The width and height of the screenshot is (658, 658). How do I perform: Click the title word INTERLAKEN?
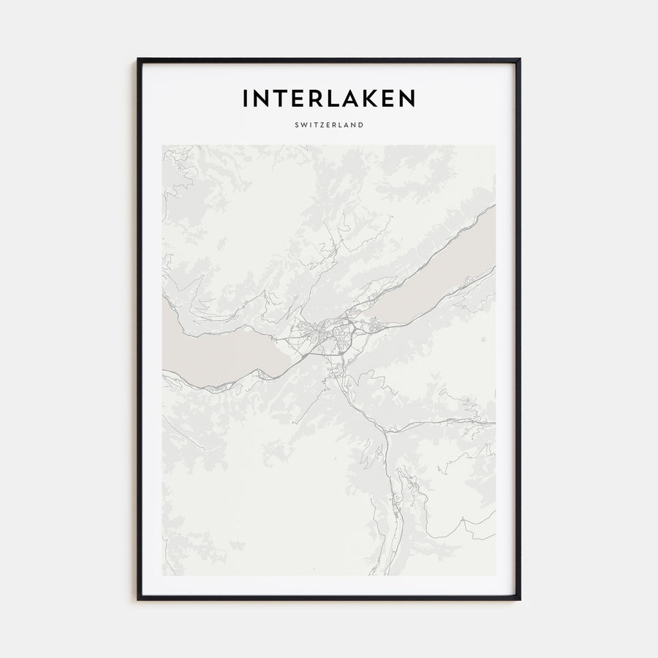[328, 99]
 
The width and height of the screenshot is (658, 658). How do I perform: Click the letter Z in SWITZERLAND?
[322, 125]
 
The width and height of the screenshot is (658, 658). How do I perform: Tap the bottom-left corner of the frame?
[138, 599]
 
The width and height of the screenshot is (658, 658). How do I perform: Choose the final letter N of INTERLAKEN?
[406, 99]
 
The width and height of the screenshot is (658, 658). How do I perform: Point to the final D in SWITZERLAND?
[361, 125]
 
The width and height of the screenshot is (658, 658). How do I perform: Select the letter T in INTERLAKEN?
[277, 99]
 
